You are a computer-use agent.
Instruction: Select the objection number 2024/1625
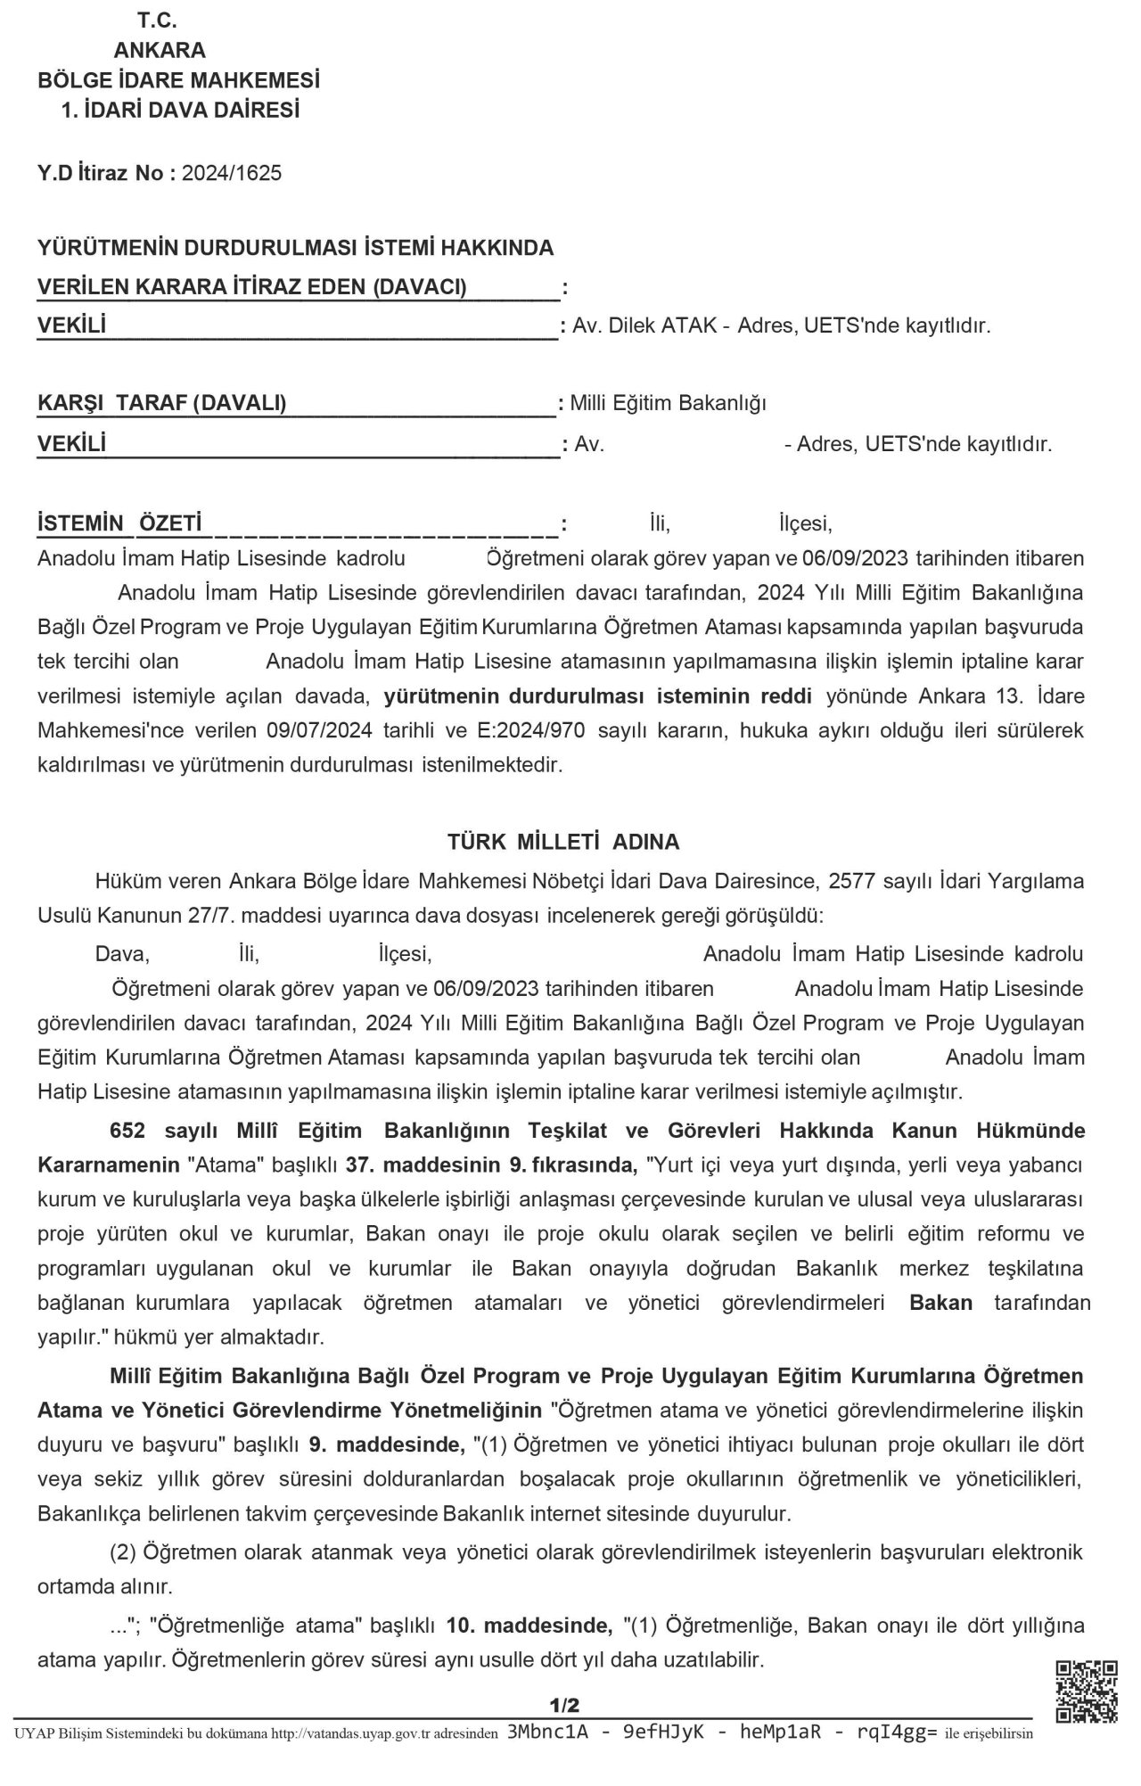pyautogui.click(x=232, y=173)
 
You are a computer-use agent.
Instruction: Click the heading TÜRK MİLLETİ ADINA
pyautogui.click(x=563, y=841)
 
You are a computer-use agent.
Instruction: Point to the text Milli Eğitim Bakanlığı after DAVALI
pyautogui.click(x=669, y=403)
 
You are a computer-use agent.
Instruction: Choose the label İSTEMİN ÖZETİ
pyautogui.click(x=119, y=523)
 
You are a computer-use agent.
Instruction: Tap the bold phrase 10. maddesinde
pyautogui.click(x=529, y=1625)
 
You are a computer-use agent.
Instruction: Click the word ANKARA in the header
pyautogui.click(x=160, y=50)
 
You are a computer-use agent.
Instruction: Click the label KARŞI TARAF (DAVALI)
pyautogui.click(x=162, y=403)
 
